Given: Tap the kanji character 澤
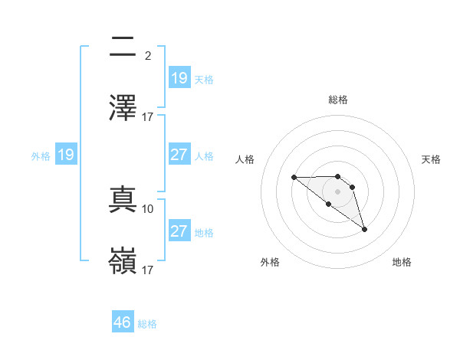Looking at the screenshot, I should (x=123, y=107).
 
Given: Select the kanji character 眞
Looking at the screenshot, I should (x=123, y=199).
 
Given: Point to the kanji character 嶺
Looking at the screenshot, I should (x=123, y=260).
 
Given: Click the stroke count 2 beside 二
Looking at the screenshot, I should (x=147, y=55).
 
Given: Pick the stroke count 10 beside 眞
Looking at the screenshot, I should (x=148, y=208).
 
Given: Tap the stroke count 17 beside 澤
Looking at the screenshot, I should (x=148, y=116).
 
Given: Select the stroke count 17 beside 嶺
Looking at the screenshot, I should (x=148, y=270).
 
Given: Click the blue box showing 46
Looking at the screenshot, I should (x=123, y=322).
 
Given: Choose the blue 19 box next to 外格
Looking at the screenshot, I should (x=66, y=155).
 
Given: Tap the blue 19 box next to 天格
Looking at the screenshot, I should (x=179, y=77).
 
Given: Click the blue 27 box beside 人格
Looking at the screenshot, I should (x=179, y=154).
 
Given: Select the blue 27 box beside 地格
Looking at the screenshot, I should (x=179, y=231).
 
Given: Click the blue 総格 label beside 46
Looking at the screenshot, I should (x=147, y=324).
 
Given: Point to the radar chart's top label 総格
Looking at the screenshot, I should (x=338, y=100).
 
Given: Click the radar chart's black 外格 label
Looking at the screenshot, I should (x=270, y=262).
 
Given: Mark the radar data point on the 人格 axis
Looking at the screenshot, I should (x=294, y=177).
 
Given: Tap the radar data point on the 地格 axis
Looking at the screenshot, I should (x=364, y=229).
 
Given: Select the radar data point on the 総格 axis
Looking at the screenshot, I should (x=338, y=175).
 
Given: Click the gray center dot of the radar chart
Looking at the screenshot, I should (x=338, y=191).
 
